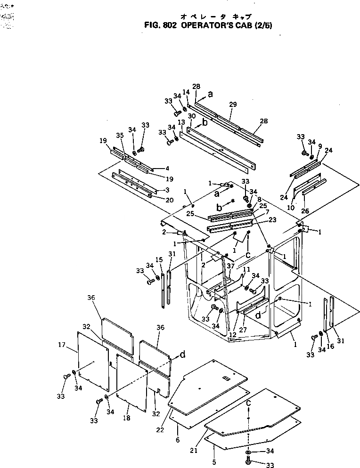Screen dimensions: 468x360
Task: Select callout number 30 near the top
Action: click(x=191, y=116)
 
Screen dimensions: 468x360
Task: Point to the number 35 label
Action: click(x=120, y=136)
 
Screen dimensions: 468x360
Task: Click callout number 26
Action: click(x=306, y=211)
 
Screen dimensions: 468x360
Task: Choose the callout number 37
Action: click(x=231, y=266)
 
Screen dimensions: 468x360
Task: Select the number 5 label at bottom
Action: click(x=214, y=462)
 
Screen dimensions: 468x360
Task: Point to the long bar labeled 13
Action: click(x=217, y=151)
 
